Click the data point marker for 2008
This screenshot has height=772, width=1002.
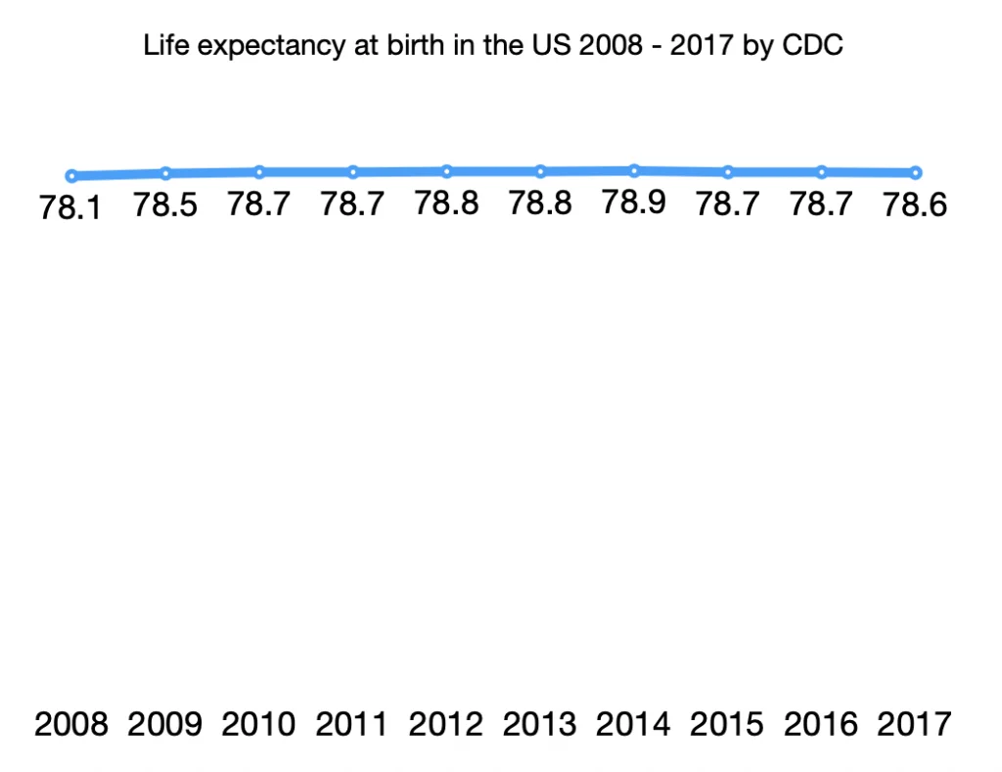click(x=71, y=176)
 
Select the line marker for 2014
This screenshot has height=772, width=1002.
click(x=634, y=170)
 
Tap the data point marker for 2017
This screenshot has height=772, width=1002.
click(x=916, y=173)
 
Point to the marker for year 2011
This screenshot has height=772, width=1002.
click(x=353, y=172)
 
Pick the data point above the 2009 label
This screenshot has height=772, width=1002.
click(x=165, y=173)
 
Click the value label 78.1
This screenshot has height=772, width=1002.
click(x=71, y=208)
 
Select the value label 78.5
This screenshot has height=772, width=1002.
click(x=165, y=205)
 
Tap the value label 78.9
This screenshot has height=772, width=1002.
click(x=634, y=203)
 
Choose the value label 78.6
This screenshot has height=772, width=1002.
click(x=916, y=205)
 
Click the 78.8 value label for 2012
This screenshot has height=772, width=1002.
click(x=447, y=204)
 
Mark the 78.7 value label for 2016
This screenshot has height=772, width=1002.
click(x=822, y=204)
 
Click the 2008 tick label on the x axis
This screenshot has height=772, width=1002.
click(x=71, y=725)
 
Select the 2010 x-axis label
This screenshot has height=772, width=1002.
click(x=259, y=725)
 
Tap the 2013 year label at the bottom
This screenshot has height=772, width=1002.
click(x=540, y=725)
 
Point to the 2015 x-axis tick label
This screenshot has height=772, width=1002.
click(x=728, y=725)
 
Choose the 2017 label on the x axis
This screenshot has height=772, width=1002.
click(x=915, y=725)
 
